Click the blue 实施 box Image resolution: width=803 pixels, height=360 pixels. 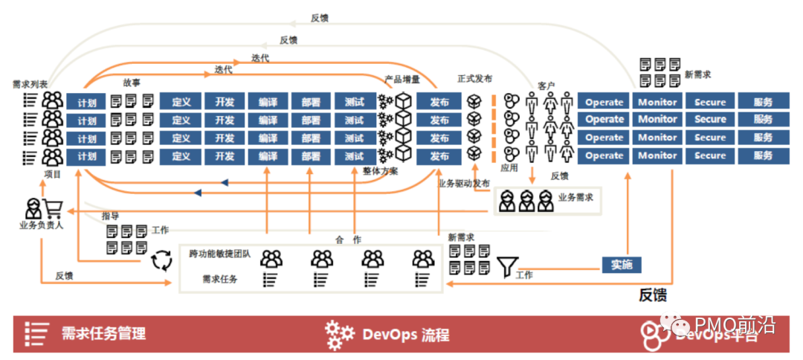[621, 265]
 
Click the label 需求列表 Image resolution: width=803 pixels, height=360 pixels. [30, 84]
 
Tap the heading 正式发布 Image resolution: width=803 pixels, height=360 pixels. [475, 79]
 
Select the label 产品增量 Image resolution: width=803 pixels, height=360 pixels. [402, 79]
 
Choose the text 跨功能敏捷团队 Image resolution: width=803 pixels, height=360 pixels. [220, 254]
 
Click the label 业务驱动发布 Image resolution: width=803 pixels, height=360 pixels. [465, 183]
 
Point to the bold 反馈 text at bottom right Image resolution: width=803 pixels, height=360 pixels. [653, 295]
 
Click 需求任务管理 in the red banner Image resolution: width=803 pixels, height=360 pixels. [104, 333]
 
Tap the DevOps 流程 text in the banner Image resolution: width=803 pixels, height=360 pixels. [406, 334]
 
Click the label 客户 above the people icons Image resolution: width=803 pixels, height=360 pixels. [546, 86]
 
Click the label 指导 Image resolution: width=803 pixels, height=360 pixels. [111, 215]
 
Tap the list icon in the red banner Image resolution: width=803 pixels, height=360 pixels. [36, 333]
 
